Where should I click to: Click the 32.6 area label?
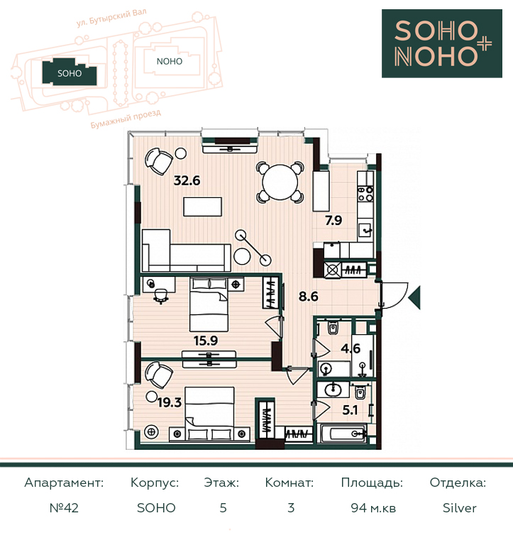tap(187, 181)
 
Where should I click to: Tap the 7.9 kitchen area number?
tap(333, 221)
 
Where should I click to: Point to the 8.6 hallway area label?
tap(309, 297)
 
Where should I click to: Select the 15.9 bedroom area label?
tap(206, 341)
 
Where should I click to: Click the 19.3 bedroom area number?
tap(170, 402)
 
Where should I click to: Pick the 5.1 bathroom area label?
tap(350, 410)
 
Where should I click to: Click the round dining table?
tap(280, 182)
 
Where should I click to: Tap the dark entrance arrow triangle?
tap(414, 297)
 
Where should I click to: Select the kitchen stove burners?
tap(365, 194)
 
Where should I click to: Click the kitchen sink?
tap(365, 229)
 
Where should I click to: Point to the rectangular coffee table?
tap(203, 207)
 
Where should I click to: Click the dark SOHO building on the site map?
tap(70, 72)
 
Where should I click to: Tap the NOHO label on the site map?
tap(170, 62)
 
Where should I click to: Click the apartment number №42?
tap(64, 508)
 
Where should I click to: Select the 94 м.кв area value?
tap(373, 508)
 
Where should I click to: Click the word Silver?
tap(459, 508)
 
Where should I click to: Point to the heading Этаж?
tap(221, 483)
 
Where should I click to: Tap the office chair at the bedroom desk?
tap(160, 296)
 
